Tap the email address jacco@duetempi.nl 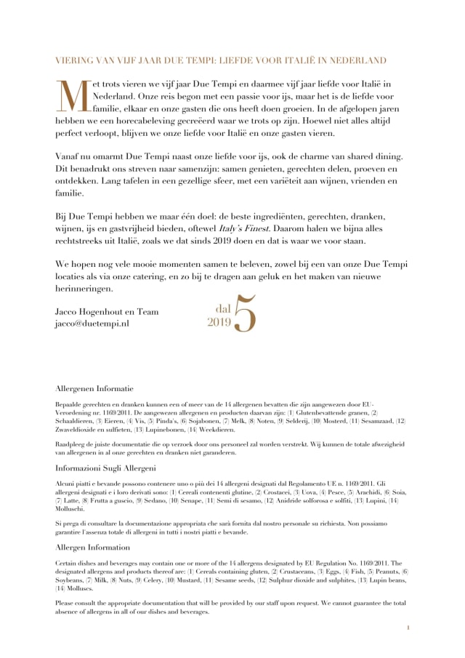point(92,324)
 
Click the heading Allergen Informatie point(94,388)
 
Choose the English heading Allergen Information point(93,547)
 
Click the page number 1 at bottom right point(408,627)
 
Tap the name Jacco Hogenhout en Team point(107,312)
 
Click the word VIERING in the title point(77,60)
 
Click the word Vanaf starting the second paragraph point(70,157)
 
